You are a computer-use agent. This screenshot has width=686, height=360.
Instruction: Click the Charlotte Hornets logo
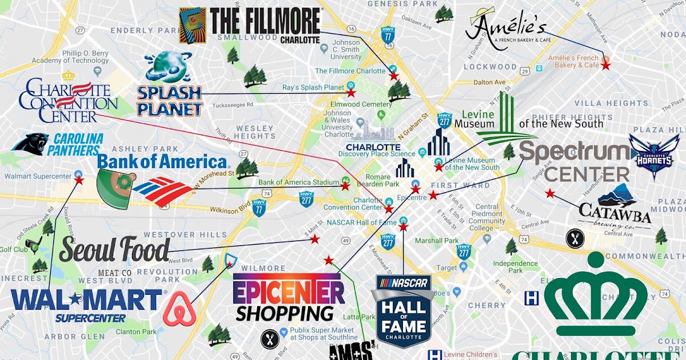(654, 156)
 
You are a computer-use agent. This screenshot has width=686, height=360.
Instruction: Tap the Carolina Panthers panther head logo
(29, 144)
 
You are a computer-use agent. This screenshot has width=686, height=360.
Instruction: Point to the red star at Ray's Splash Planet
(352, 92)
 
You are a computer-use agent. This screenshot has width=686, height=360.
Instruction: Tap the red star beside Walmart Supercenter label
(79, 179)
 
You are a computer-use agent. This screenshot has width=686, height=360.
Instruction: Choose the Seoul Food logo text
(114, 250)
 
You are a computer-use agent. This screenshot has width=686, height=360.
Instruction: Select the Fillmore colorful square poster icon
(193, 25)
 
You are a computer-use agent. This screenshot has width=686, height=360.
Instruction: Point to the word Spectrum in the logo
(574, 153)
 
